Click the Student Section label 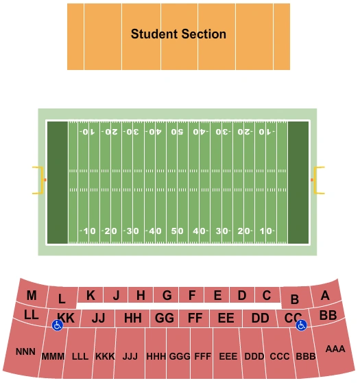(178, 34)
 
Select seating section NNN (25, 351)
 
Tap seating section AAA (335, 349)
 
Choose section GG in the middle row (165, 318)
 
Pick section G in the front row (167, 296)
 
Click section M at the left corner (32, 296)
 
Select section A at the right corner (325, 296)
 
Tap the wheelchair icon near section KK (58, 326)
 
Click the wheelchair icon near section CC (300, 326)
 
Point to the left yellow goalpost (39, 180)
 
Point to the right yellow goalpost (318, 180)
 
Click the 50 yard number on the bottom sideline (178, 231)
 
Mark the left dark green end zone (58, 182)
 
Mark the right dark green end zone (298, 182)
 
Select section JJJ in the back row (130, 357)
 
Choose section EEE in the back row (228, 357)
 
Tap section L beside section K (62, 299)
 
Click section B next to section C (295, 299)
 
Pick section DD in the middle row (260, 318)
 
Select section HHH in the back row (156, 357)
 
